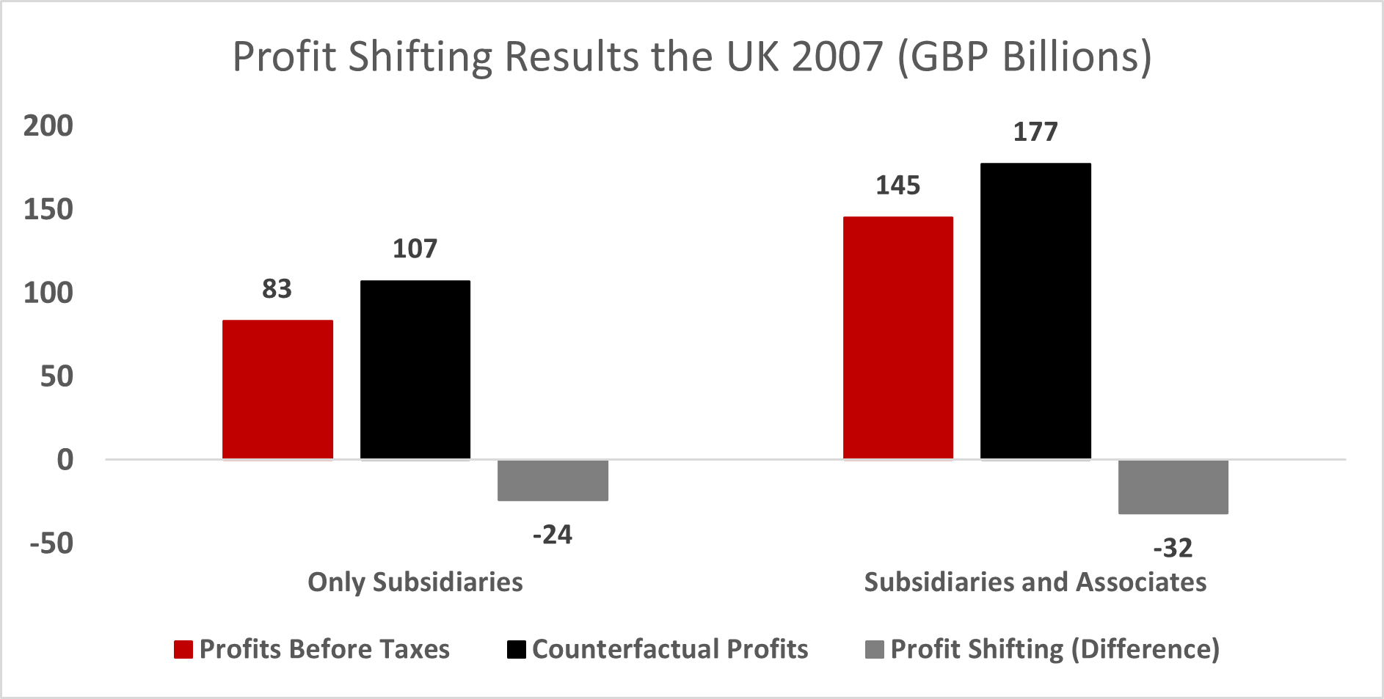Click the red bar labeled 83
[x=277, y=389]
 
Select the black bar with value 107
[x=415, y=370]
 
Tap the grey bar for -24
[x=553, y=480]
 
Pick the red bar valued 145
[x=897, y=338]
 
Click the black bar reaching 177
[x=1035, y=311]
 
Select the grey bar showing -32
[x=1173, y=487]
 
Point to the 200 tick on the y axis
[x=48, y=126]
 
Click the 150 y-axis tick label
[x=48, y=210]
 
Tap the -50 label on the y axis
[x=51, y=544]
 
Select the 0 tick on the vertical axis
[x=65, y=460]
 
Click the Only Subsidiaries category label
[x=415, y=582]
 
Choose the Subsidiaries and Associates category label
[x=1035, y=582]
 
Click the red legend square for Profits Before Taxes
[x=183, y=649]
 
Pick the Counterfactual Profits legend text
[x=669, y=649]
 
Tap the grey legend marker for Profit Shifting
[x=875, y=649]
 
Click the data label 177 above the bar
[x=1035, y=132]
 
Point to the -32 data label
[x=1173, y=548]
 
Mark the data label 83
[x=277, y=289]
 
